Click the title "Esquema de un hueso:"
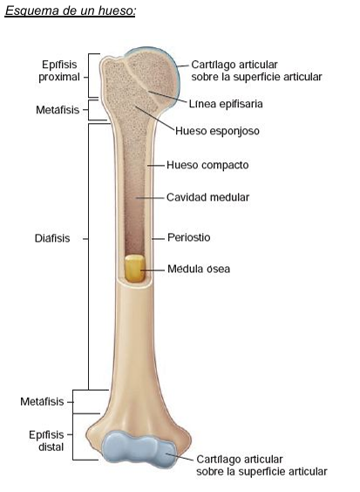(71, 11)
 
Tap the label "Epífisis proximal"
(59, 71)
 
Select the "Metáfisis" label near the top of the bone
(58, 110)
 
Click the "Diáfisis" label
(52, 238)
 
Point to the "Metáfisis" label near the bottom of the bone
(42, 401)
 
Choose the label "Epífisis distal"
(46, 441)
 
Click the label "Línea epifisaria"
(226, 104)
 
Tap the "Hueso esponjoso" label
(217, 131)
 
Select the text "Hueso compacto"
(207, 165)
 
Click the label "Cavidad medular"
(208, 197)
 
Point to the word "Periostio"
(189, 237)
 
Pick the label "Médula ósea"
(199, 269)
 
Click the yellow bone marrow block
(135, 268)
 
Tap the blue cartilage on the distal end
(139, 449)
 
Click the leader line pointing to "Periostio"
(158, 239)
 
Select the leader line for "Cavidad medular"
(150, 198)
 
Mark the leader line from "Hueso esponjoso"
(154, 119)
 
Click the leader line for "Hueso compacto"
(156, 165)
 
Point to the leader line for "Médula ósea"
(153, 270)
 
